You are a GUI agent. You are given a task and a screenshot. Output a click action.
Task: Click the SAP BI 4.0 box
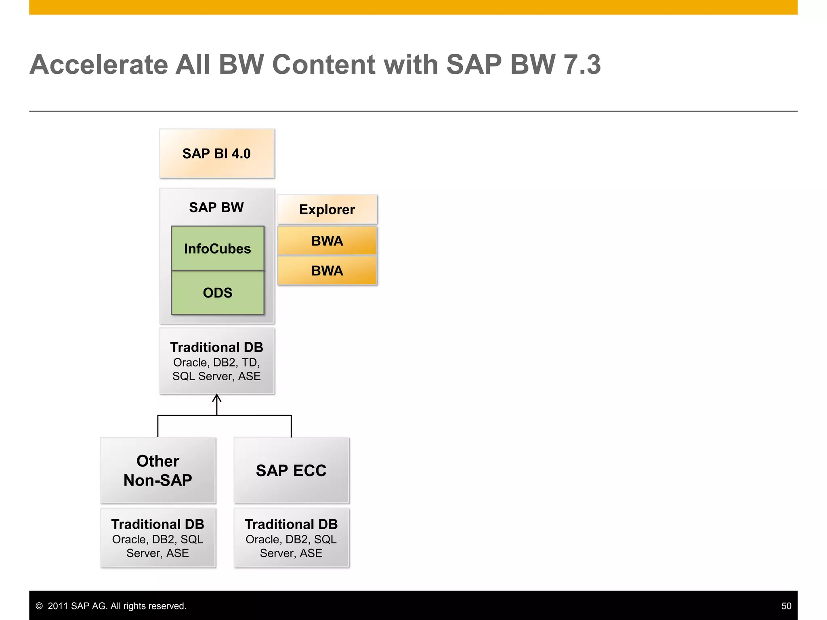(x=217, y=154)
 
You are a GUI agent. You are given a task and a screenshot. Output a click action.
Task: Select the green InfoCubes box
(x=218, y=248)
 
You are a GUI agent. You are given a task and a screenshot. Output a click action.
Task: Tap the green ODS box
(x=218, y=293)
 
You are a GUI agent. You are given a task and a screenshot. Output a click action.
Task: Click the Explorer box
(x=327, y=209)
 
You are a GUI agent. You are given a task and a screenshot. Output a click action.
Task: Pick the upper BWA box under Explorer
(x=327, y=241)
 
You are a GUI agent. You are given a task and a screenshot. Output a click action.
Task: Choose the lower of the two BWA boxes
(x=327, y=270)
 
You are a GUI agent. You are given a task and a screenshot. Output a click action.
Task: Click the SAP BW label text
(x=216, y=207)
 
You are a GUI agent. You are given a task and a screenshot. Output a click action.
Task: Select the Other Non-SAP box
(x=158, y=470)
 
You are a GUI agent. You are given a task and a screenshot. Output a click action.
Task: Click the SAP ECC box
(x=291, y=470)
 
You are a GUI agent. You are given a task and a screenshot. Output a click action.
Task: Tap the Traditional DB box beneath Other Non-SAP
(x=158, y=538)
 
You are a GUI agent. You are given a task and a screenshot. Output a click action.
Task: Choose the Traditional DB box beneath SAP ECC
(x=291, y=538)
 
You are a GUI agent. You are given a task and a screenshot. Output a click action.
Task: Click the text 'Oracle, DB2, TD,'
(x=216, y=362)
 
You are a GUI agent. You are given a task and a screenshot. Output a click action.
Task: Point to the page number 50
(x=786, y=606)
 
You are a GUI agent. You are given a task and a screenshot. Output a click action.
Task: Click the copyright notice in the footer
(x=111, y=606)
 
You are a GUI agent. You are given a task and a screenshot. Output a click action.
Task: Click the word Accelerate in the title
(x=99, y=65)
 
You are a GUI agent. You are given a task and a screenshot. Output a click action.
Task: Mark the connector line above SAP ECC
(x=291, y=426)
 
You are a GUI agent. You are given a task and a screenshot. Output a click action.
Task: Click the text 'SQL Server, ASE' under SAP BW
(x=216, y=376)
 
